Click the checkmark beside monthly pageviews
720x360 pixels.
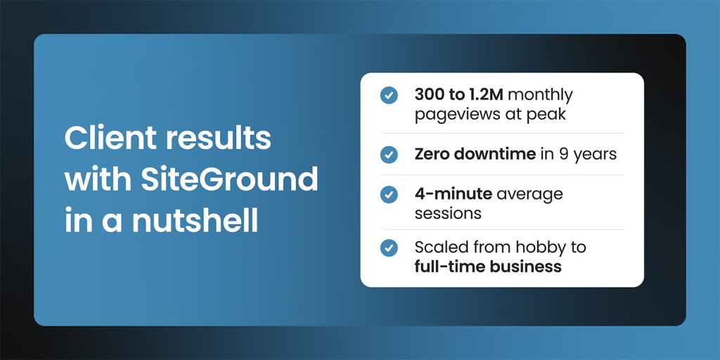[388, 95]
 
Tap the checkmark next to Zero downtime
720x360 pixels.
[388, 153]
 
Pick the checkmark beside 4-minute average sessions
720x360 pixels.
[388, 193]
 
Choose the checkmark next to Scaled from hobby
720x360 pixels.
[388, 248]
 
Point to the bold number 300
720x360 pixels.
[430, 94]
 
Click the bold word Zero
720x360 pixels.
[431, 153]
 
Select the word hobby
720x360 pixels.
[539, 247]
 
